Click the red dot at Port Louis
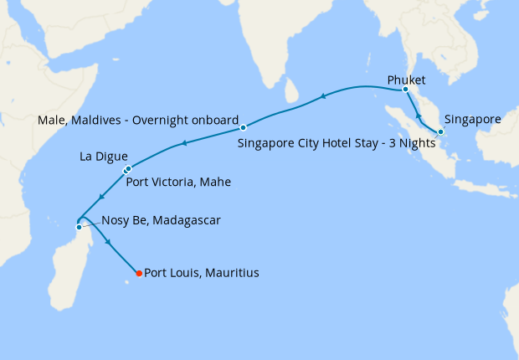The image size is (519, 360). [139, 273]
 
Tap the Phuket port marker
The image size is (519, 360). [405, 90]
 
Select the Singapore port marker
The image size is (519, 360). [440, 131]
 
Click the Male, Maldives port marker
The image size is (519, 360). [243, 127]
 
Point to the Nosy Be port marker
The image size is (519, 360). [79, 227]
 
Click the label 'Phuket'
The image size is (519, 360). [405, 80]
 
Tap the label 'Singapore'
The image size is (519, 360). [472, 119]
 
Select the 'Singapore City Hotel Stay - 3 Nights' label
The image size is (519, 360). [337, 142]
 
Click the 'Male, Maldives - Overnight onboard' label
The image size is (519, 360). [138, 120]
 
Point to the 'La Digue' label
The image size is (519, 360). [104, 156]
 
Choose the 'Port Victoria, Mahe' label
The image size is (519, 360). [178, 181]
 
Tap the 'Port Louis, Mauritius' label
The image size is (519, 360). [202, 273]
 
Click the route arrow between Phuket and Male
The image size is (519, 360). [323, 99]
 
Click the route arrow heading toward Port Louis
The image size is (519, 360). [107, 242]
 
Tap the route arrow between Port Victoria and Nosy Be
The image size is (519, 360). [100, 198]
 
